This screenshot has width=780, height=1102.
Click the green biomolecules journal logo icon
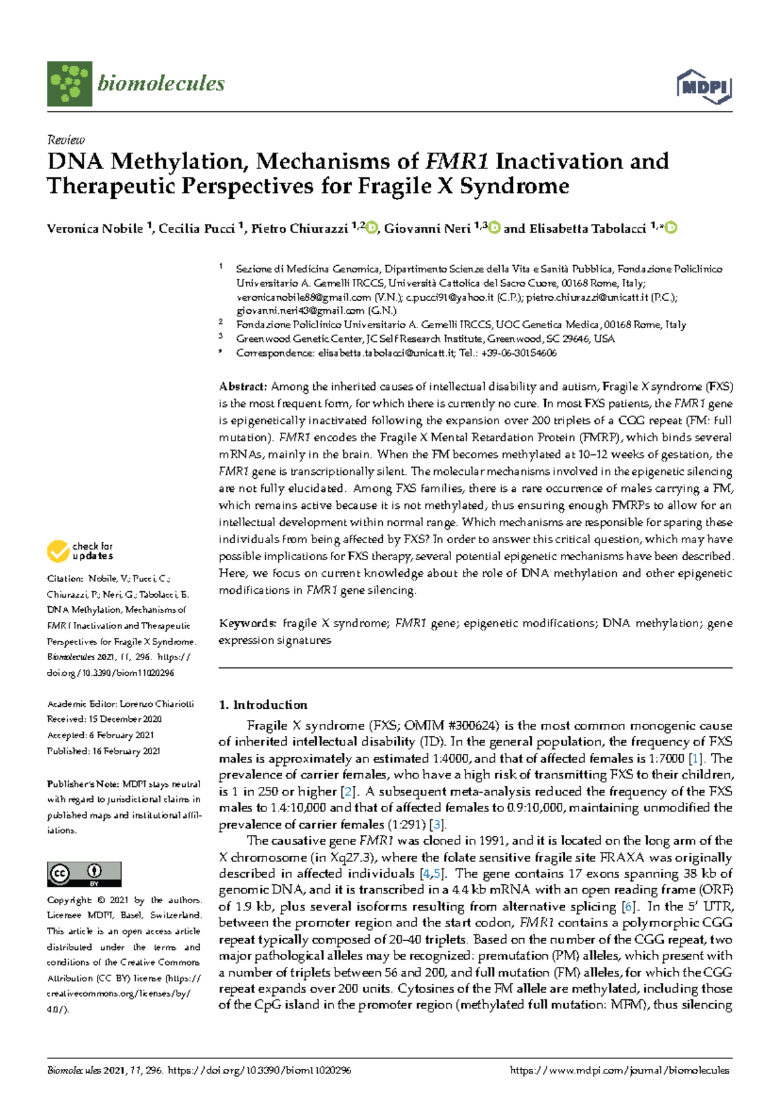pos(69,84)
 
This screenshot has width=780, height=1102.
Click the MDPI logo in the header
pos(704,86)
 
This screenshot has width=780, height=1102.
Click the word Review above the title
pos(66,140)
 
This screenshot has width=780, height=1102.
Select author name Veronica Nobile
pos(95,229)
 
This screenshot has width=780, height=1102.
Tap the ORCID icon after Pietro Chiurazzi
pos(371,228)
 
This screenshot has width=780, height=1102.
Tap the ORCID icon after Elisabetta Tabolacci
pos(671,228)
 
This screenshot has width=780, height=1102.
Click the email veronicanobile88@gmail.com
pos(303,297)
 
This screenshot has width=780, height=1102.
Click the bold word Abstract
pos(242,387)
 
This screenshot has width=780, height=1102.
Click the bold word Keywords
pos(248,623)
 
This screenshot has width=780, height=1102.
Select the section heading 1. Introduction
pos(263,705)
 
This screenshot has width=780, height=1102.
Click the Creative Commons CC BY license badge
pos(84,874)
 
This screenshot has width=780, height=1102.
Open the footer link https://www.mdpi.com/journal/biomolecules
pos(619,1070)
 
